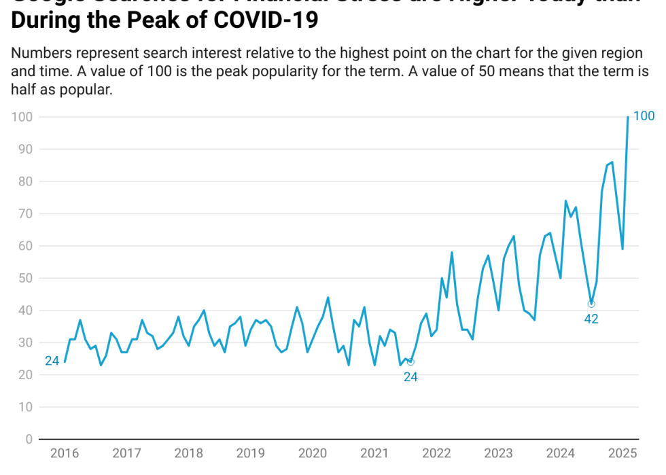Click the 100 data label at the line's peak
(644, 116)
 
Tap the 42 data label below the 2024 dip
(591, 319)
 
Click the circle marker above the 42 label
(591, 304)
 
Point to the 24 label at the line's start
(52, 361)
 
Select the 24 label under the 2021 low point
(410, 377)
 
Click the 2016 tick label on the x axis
(65, 454)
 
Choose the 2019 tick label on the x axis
(250, 454)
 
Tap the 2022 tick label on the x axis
(436, 454)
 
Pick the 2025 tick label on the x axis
(622, 454)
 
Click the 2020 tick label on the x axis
(313, 454)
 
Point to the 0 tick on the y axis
(29, 439)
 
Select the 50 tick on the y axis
(25, 278)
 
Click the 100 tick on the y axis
(22, 117)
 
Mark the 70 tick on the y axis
(25, 213)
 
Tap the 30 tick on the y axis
(25, 342)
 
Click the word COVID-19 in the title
(266, 20)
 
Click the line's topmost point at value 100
(627, 117)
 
